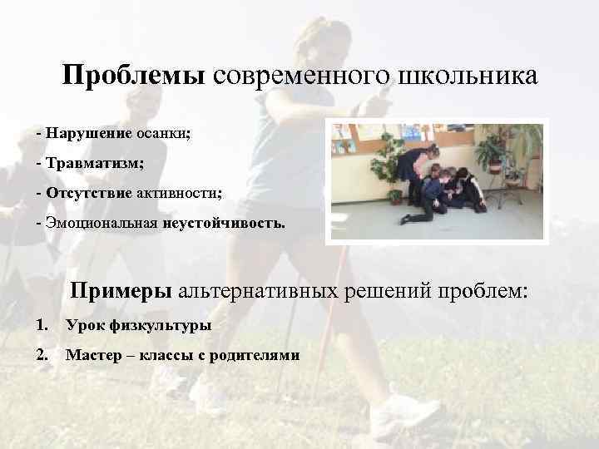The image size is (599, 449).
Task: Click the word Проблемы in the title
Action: coord(133,76)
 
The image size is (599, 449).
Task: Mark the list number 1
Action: coord(42,325)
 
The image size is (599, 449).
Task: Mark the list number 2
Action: coord(42,356)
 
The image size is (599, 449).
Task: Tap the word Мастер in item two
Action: coord(92,356)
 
